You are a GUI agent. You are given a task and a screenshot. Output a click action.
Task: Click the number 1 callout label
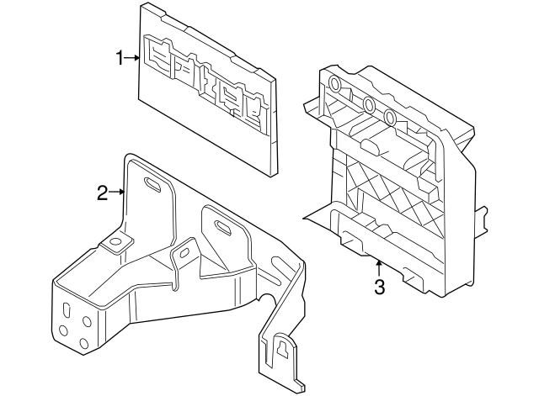[x=120, y=57]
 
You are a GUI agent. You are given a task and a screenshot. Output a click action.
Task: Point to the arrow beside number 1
[x=133, y=57]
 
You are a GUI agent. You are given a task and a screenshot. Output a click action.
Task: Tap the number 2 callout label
[x=102, y=193]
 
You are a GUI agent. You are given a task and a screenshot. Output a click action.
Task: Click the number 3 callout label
[x=379, y=288]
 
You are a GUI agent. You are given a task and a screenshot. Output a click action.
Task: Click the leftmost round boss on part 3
[x=335, y=84]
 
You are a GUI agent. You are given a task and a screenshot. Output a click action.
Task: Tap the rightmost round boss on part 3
[x=389, y=117]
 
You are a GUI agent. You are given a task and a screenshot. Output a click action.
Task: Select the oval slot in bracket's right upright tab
[x=224, y=225]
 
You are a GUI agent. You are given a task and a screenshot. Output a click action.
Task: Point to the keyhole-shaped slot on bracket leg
[x=284, y=346]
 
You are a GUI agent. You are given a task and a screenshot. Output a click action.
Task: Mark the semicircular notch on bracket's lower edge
[x=264, y=301]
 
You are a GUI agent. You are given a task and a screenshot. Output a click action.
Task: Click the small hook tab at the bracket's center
[x=180, y=255]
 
